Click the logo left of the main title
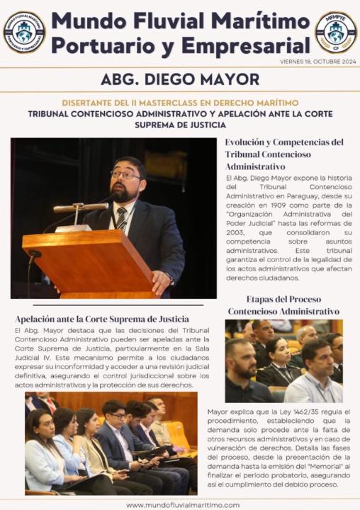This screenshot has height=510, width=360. [24, 32]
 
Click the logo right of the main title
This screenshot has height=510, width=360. [335, 32]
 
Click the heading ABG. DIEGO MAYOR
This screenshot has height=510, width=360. [179, 79]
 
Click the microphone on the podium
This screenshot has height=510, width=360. [81, 208]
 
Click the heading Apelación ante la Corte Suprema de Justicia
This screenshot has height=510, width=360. [101, 319]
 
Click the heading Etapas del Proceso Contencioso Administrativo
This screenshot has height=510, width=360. [283, 305]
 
